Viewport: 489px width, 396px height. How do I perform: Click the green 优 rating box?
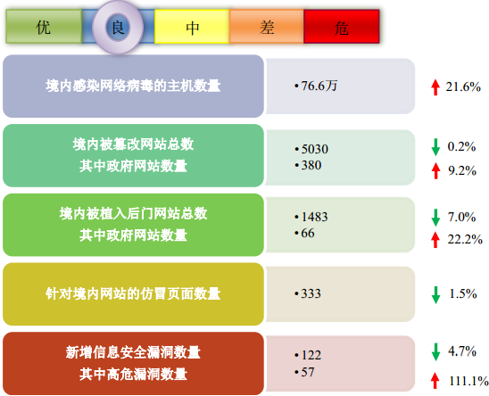[x=44, y=27]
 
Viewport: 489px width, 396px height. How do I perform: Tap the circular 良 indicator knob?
[x=118, y=28]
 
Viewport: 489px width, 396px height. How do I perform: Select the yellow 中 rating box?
[x=192, y=27]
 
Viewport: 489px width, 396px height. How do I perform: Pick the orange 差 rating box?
[x=267, y=27]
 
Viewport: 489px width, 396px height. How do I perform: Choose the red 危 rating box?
[x=342, y=27]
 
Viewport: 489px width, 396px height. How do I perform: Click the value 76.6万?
[x=319, y=86]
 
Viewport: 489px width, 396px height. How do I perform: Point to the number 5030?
[x=315, y=149]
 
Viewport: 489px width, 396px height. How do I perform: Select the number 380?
[x=311, y=165]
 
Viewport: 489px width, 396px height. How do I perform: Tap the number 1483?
[x=314, y=217]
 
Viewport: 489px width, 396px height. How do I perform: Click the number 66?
[x=308, y=234]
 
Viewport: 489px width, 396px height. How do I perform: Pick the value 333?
[x=311, y=293]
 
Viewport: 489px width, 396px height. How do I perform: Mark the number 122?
[x=311, y=355]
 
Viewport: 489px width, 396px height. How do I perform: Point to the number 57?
[x=308, y=372]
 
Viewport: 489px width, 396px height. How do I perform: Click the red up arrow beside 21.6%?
[x=435, y=87]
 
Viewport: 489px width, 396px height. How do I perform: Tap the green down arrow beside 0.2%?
[x=435, y=147]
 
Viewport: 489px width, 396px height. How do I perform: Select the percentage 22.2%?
[x=465, y=239]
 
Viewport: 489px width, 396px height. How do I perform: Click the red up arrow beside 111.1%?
[x=435, y=381]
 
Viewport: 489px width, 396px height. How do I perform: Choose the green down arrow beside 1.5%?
[x=435, y=295]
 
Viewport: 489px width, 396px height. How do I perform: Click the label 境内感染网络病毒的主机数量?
[x=133, y=86]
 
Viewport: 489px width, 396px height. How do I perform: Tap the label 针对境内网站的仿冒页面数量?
[x=133, y=293]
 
